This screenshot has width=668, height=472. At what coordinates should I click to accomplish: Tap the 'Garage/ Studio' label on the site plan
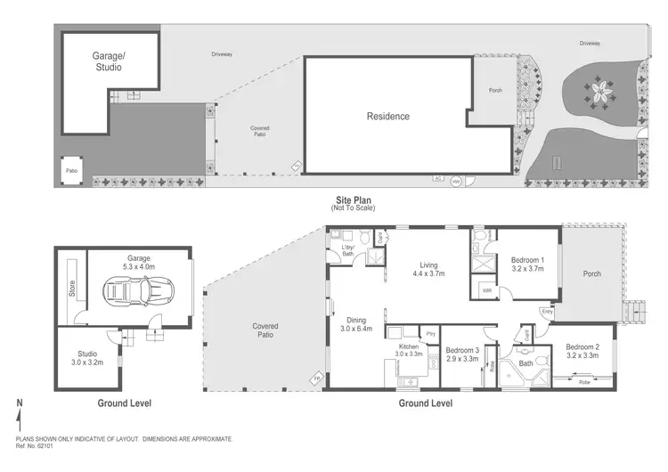pos(109,61)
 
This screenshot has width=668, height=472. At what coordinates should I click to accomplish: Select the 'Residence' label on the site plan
pos(388,116)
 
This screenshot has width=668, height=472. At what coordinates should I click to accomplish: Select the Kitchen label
pos(409,350)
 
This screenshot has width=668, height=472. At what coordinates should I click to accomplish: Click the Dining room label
pos(356,324)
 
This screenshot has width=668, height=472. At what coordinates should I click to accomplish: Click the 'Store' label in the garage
pos(73,289)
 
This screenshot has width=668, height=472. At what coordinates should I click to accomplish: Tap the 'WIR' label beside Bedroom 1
pos(488,290)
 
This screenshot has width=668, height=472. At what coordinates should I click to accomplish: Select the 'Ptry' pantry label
pos(430,332)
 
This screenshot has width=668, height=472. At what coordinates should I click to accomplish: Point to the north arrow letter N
pos(19,404)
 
